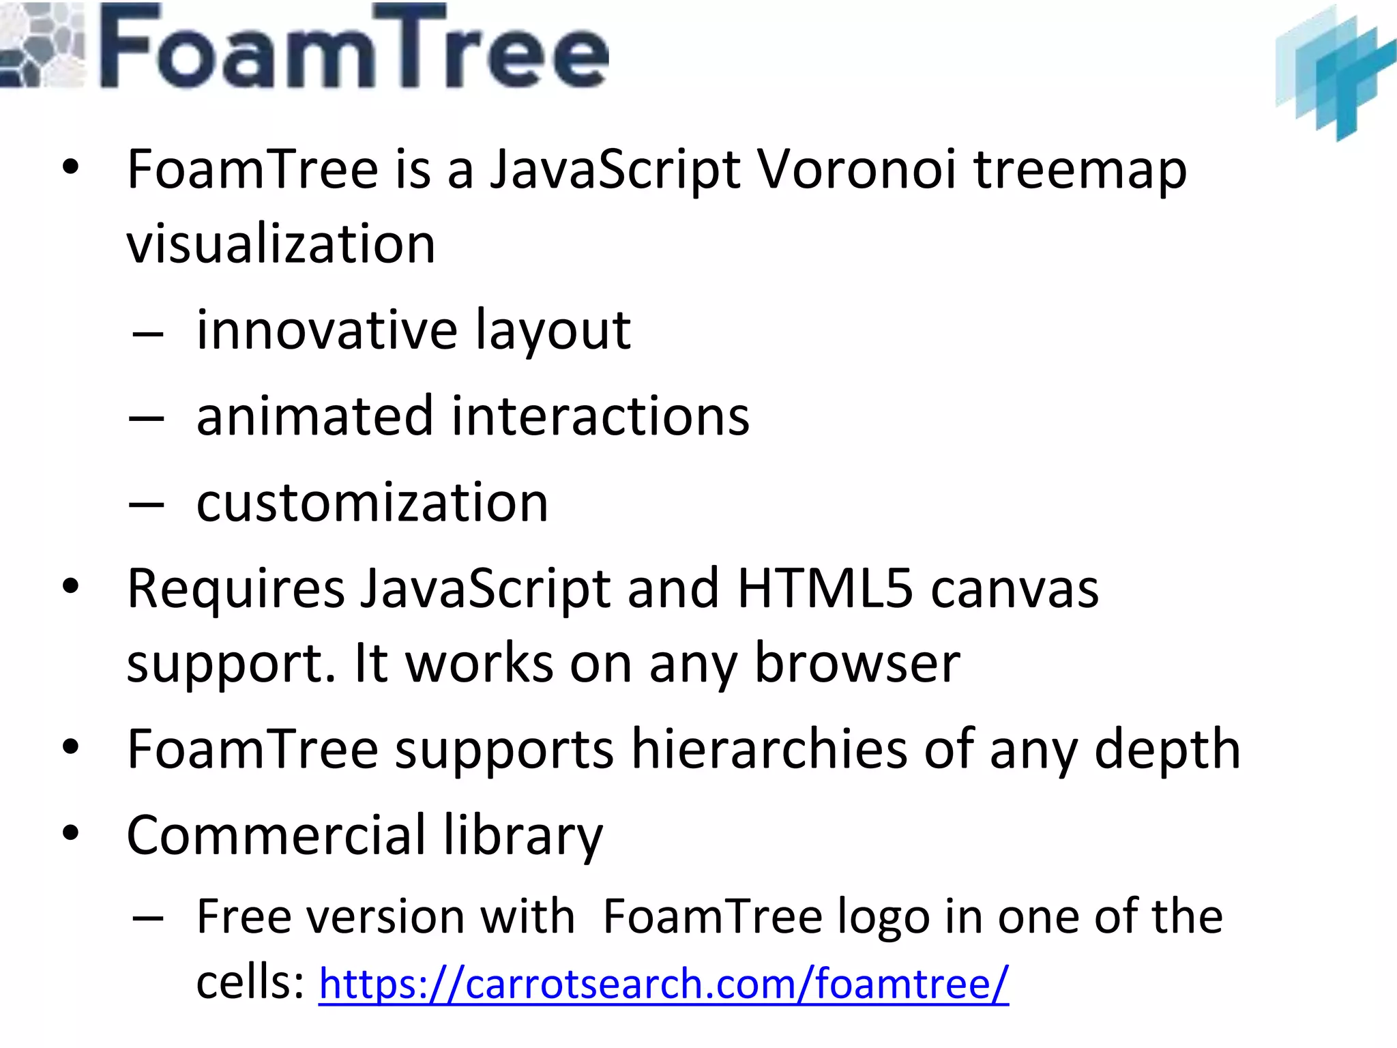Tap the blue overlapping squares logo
click(x=1335, y=71)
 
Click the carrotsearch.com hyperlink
click(x=663, y=983)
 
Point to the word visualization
click(x=281, y=244)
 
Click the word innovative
click(x=327, y=330)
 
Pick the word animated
click(x=314, y=416)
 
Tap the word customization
click(x=372, y=503)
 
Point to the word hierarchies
click(x=769, y=749)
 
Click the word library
click(x=523, y=836)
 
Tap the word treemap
click(x=1080, y=171)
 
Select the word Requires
click(x=236, y=589)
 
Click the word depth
click(x=1167, y=751)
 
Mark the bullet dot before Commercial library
click(x=70, y=834)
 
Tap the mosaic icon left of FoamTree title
click(x=42, y=46)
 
